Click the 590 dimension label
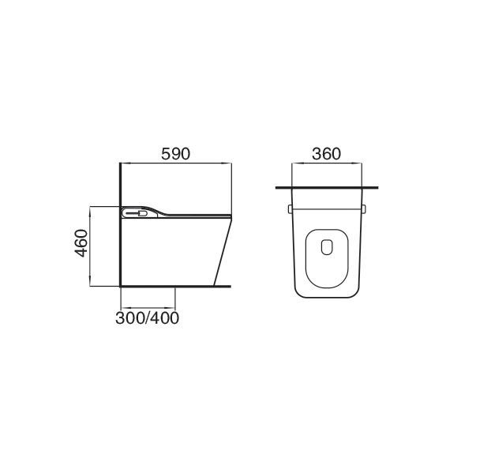[x=175, y=154]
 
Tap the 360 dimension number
[x=326, y=154]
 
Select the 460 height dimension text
[x=81, y=243]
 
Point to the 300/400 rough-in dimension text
[x=147, y=318]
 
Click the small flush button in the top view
[x=327, y=247]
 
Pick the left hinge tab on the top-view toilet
[x=290, y=209]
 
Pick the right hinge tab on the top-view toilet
[x=363, y=209]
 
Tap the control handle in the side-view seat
[x=137, y=214]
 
